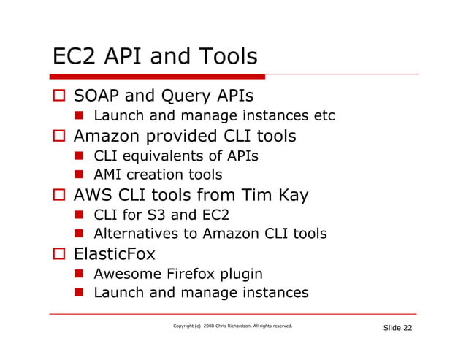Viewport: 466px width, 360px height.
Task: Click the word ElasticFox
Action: click(x=114, y=255)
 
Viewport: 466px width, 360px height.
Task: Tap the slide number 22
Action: click(x=406, y=328)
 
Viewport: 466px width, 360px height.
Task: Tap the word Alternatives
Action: click(x=135, y=234)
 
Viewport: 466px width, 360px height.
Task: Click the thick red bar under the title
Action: click(x=157, y=76)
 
